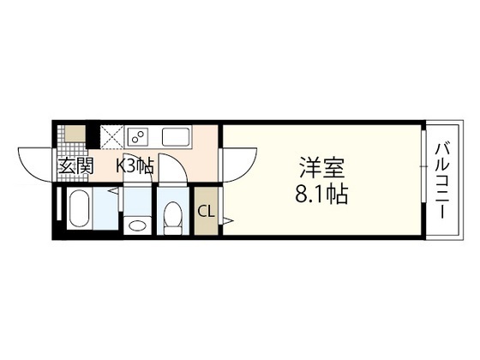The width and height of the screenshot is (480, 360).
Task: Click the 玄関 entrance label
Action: click(75, 166)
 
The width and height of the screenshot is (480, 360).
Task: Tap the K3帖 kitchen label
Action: click(135, 166)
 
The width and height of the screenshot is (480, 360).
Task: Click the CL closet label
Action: click(207, 211)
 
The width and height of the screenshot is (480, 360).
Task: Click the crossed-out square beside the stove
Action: click(112, 136)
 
